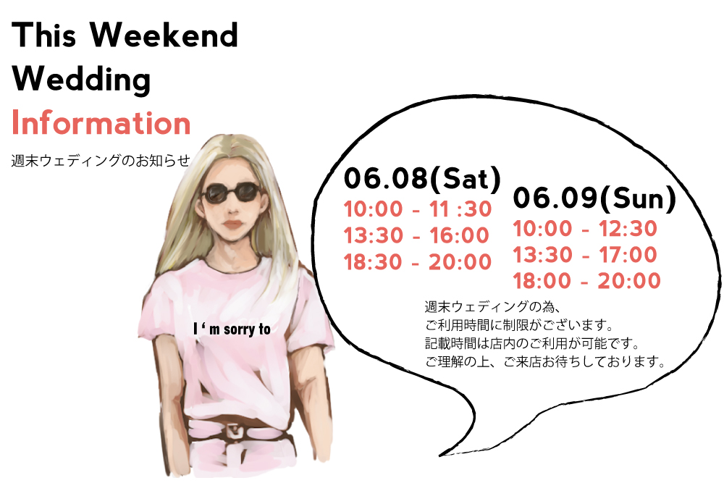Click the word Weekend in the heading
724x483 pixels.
(164, 35)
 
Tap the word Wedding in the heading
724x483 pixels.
(81, 80)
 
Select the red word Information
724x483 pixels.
(101, 123)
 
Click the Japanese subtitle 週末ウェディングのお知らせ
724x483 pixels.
(101, 161)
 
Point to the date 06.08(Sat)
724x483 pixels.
(423, 179)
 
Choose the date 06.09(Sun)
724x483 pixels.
(594, 198)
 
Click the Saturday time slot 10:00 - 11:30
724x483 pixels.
(418, 209)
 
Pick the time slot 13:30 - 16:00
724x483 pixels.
(416, 235)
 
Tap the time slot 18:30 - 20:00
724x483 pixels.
(418, 262)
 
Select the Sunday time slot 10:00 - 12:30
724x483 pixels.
(585, 229)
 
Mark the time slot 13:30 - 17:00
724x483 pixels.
(585, 255)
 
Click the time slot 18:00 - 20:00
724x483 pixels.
(587, 281)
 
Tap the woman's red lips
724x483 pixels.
(233, 224)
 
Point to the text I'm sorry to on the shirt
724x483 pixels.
(232, 329)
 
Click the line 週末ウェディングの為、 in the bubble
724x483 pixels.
(492, 306)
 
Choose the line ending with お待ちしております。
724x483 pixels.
(545, 361)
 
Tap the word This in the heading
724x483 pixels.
(44, 35)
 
